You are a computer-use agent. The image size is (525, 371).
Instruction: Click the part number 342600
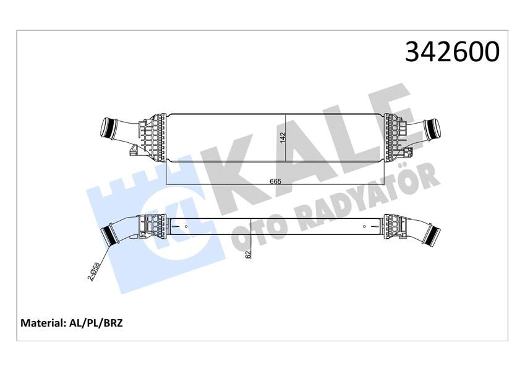pos(452,52)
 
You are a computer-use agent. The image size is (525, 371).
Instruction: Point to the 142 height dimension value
pos(283,138)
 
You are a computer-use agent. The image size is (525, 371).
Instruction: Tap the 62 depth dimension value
pos(248,254)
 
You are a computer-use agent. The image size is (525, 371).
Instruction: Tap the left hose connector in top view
pos(114,130)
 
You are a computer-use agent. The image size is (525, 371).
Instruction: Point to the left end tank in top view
pos(153,136)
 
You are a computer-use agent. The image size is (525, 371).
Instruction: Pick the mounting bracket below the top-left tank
pos(134,149)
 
